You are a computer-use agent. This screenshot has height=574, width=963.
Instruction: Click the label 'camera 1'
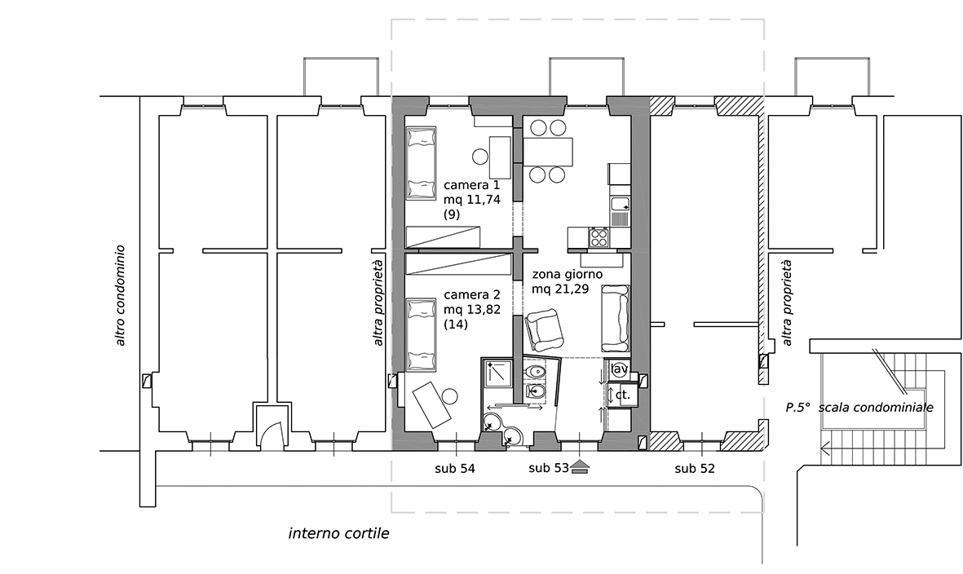(x=471, y=185)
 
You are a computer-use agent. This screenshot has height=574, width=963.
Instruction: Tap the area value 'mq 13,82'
(x=471, y=309)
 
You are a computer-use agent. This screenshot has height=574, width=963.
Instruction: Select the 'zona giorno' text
(x=568, y=275)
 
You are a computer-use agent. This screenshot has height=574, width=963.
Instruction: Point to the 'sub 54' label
(x=454, y=469)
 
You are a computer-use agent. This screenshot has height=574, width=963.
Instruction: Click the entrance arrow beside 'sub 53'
(x=580, y=468)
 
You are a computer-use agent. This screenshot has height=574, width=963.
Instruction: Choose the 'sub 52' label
(x=695, y=469)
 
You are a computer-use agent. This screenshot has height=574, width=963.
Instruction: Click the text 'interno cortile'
(x=339, y=533)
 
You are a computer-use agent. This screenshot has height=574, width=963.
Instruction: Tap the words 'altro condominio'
(x=120, y=295)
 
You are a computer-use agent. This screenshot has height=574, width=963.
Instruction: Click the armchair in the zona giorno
(x=544, y=327)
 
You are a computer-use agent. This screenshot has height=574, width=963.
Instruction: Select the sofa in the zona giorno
(x=616, y=317)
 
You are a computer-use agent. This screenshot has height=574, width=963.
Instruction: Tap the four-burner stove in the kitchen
(x=599, y=236)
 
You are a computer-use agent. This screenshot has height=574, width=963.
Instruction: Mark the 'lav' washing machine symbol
(x=619, y=369)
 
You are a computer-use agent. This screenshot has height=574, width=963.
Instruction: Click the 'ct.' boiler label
(x=623, y=395)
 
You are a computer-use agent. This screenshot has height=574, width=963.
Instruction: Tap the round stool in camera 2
(x=452, y=396)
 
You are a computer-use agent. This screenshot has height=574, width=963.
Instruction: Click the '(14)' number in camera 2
(x=456, y=324)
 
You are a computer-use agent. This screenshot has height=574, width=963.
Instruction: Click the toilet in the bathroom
(x=536, y=372)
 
